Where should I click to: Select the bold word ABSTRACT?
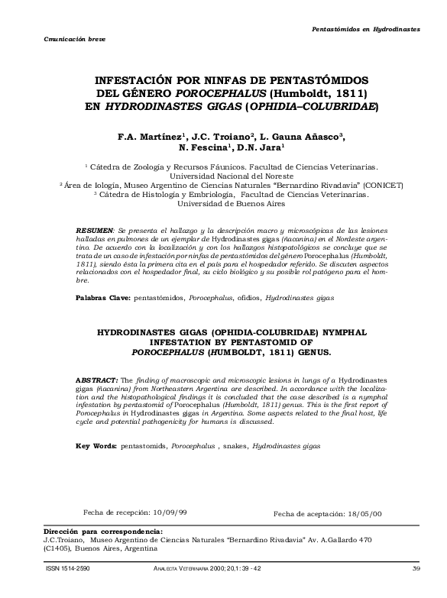point(97,380)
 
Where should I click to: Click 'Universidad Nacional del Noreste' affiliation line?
point(224,174)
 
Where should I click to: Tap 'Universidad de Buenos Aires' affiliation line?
point(224,204)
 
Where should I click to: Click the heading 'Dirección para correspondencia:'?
point(103,531)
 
